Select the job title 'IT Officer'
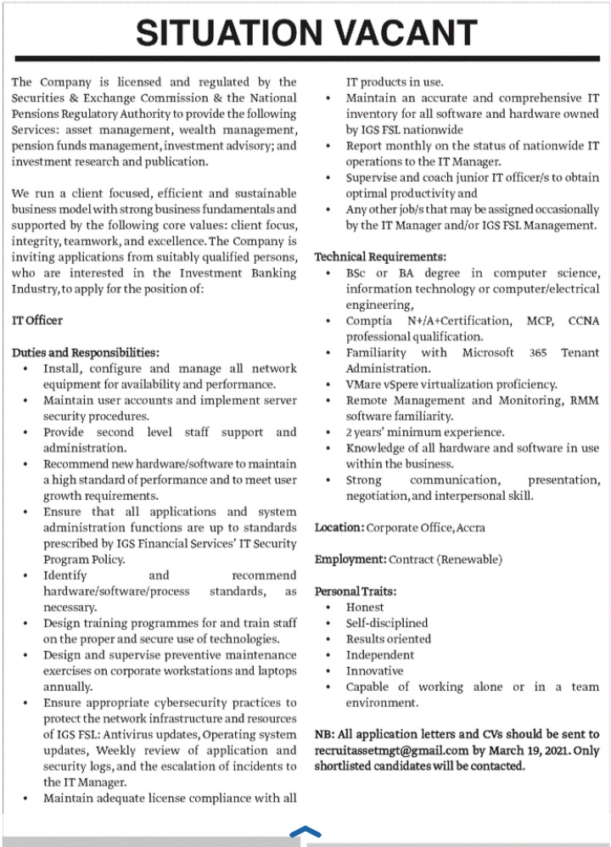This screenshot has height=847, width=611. (x=37, y=320)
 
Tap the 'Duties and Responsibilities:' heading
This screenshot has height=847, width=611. (x=86, y=352)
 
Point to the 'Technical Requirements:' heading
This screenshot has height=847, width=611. (x=380, y=256)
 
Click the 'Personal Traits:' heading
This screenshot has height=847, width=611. (x=356, y=591)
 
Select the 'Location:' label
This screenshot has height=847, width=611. (x=339, y=527)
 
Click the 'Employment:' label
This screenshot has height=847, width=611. (x=350, y=559)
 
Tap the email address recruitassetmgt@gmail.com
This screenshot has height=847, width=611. (x=392, y=750)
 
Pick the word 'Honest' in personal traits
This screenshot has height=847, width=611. (x=365, y=607)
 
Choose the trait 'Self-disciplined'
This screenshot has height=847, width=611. (x=387, y=623)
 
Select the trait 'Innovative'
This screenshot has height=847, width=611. (x=374, y=670)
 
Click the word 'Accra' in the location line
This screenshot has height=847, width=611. (x=471, y=527)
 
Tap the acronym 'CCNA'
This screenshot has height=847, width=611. (x=583, y=320)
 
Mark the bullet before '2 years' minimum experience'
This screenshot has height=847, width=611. (x=328, y=432)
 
